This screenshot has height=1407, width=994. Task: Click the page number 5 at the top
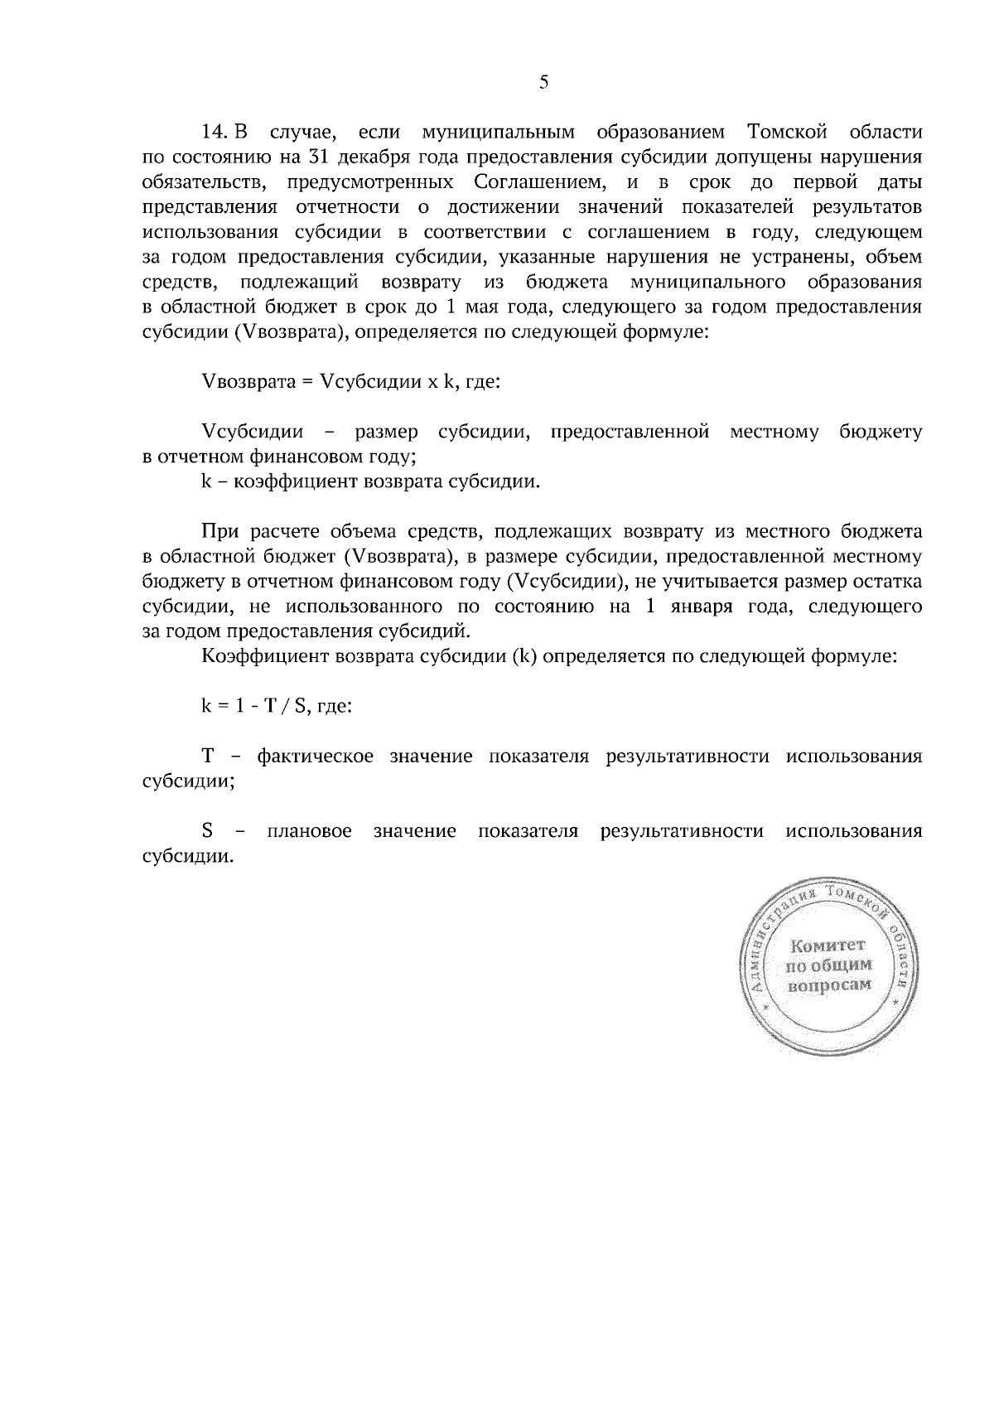pos(543,81)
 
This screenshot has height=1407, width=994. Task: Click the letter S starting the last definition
pos(208,831)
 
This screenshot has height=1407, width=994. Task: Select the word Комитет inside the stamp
pos(828,945)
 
